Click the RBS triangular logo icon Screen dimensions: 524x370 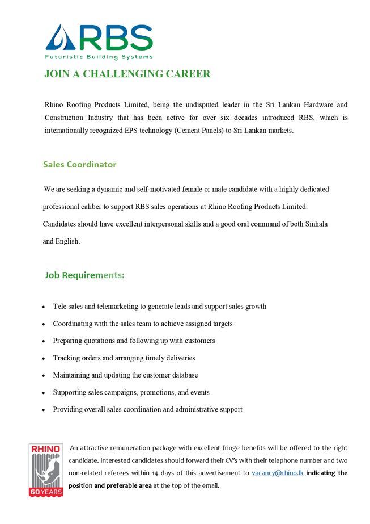(x=59, y=37)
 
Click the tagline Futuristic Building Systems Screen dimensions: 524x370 (x=99, y=57)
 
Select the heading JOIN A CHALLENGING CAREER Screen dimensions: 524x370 (x=127, y=74)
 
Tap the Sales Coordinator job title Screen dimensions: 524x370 (x=80, y=165)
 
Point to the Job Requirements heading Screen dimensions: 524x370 (x=84, y=275)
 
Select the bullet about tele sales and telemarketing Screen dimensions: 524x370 (x=159, y=306)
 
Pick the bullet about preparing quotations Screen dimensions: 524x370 (x=134, y=341)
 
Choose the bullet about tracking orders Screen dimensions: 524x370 (x=124, y=358)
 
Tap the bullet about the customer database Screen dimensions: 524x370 (x=125, y=375)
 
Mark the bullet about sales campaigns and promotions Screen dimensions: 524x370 (x=131, y=392)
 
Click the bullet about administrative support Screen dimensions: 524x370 (x=147, y=409)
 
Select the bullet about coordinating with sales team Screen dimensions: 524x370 (x=143, y=324)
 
